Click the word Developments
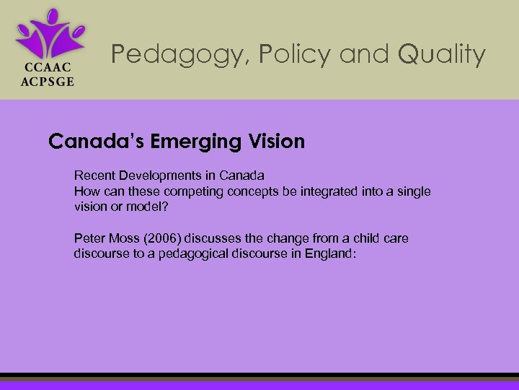[x=158, y=175]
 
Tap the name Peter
[x=89, y=238]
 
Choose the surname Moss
[x=123, y=238]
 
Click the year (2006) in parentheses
[x=163, y=238]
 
